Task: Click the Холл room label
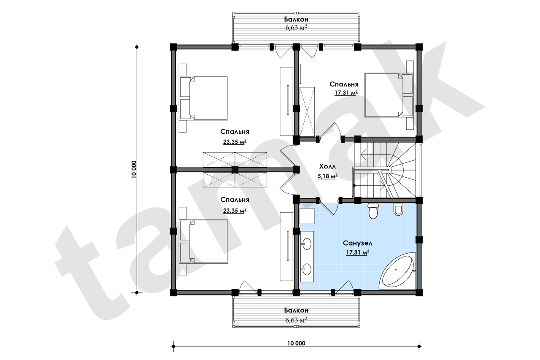[x=327, y=166]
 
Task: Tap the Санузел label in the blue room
[x=357, y=243]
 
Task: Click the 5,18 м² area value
[x=327, y=176]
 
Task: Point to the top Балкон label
[x=296, y=19]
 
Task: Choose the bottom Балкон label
[x=296, y=310]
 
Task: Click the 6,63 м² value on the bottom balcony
[x=296, y=320]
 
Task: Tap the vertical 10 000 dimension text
[x=134, y=170]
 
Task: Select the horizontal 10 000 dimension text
[x=296, y=343]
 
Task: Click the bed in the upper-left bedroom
[x=204, y=98]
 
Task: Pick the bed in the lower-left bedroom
[x=204, y=241]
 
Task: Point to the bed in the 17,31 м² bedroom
[x=389, y=95]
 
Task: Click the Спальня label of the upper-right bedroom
[x=344, y=84]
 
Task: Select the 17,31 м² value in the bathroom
[x=358, y=253]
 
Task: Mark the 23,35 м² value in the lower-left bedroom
[x=235, y=211]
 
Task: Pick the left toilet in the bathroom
[x=373, y=211]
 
